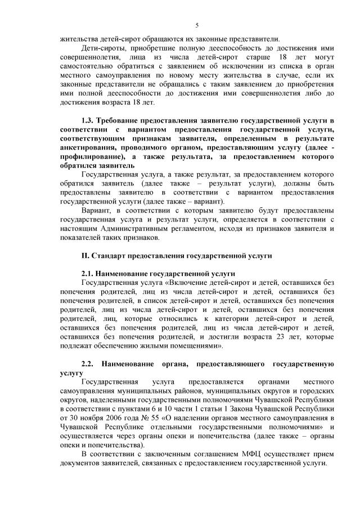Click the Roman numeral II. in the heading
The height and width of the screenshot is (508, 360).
point(86,256)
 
